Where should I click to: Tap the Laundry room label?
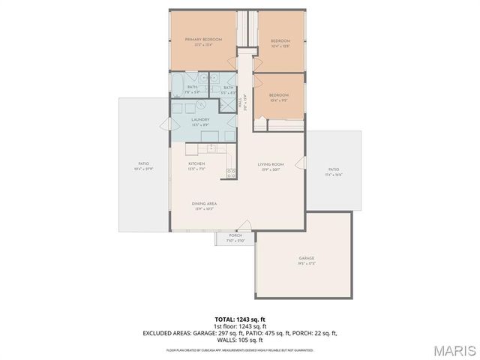pos(199,120)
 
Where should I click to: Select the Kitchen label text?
pos(196,163)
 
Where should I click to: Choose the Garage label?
pos(305,259)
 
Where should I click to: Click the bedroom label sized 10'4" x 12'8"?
pos(280,41)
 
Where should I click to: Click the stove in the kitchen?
pos(231,173)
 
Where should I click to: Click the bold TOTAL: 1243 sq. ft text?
pos(240,319)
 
